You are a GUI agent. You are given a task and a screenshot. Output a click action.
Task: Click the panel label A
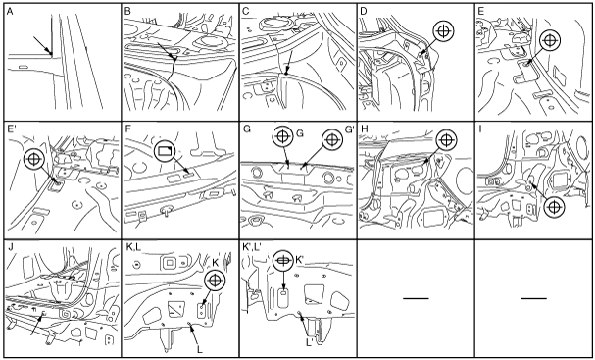click(x=10, y=12)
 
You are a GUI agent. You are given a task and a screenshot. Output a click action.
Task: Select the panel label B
click(x=127, y=12)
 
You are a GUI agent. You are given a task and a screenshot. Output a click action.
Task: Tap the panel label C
click(x=245, y=12)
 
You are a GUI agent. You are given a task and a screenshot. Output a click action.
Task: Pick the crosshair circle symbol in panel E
click(x=550, y=40)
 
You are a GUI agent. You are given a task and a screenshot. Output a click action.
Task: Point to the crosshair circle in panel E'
click(x=34, y=159)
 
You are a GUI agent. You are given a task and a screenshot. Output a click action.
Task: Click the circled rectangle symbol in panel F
click(x=165, y=152)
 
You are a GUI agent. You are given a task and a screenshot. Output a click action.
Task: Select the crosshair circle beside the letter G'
click(x=332, y=139)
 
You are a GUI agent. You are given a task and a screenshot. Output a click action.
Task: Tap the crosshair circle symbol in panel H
click(x=447, y=139)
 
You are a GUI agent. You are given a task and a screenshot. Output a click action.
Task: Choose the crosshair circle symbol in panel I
click(x=555, y=207)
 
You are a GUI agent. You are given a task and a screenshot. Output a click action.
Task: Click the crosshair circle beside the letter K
click(x=215, y=281)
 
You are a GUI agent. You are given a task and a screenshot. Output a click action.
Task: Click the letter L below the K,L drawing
click(x=200, y=349)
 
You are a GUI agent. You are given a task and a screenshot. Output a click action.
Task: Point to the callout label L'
click(x=310, y=342)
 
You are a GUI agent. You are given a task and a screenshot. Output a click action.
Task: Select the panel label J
click(x=10, y=247)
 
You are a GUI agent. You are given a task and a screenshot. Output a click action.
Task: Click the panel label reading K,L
click(x=132, y=247)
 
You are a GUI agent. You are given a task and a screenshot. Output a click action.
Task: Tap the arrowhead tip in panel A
click(x=51, y=54)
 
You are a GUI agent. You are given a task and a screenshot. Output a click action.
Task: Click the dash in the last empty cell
click(x=533, y=298)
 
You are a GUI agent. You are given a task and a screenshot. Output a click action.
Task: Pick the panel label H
click(x=363, y=129)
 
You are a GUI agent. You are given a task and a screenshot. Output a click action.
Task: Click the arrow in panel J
click(x=38, y=323)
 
